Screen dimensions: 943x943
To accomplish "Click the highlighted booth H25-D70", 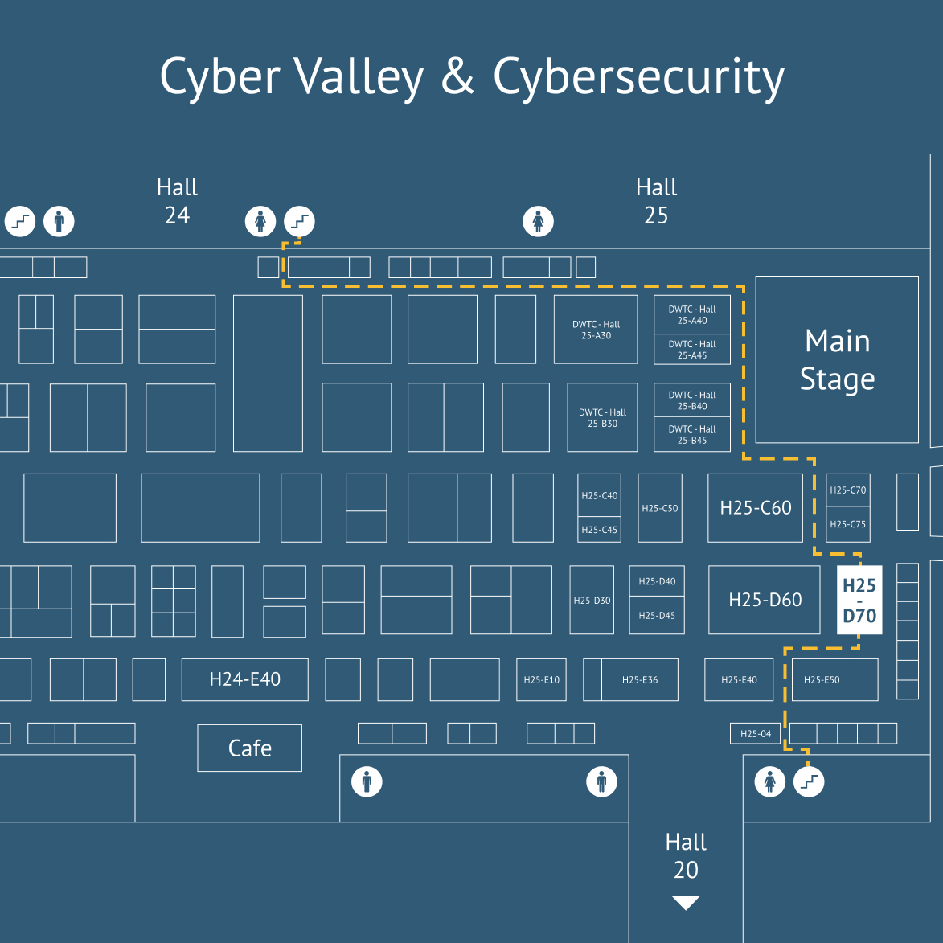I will [859, 600].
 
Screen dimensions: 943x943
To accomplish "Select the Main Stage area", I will [837, 359].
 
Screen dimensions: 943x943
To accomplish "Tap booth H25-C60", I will [755, 507].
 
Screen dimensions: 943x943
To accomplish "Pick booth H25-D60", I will [765, 600].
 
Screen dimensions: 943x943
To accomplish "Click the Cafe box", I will [249, 748].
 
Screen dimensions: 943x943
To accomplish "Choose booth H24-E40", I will [244, 679].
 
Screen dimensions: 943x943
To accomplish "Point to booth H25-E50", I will [822, 679].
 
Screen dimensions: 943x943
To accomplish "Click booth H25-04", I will [755, 733].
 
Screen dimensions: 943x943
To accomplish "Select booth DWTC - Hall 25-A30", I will [596, 330].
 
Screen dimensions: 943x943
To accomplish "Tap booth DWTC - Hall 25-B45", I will [691, 435].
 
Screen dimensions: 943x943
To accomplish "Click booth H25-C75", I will [847, 524].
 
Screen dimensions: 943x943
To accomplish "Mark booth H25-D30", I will [592, 600].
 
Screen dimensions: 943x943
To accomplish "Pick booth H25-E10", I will [541, 679].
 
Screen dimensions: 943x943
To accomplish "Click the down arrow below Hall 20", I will [685, 903].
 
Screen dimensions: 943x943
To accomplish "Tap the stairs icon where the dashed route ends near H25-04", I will [809, 781].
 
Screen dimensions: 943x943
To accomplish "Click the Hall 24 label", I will [177, 201].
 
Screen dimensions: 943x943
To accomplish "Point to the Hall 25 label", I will [656, 201].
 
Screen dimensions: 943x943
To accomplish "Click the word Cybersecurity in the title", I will [638, 78].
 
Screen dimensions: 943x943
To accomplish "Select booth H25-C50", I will [659, 508].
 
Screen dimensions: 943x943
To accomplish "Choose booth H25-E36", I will [639, 679].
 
